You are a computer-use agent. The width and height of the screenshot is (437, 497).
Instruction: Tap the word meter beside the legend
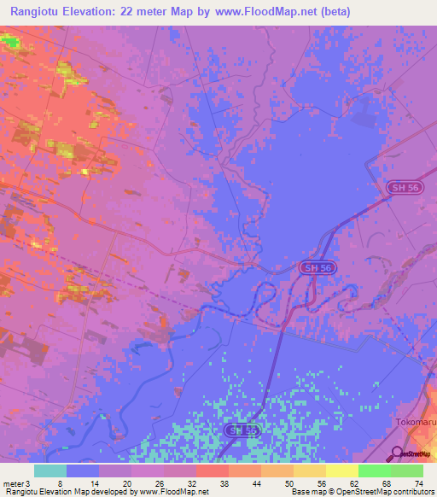click(x=15, y=482)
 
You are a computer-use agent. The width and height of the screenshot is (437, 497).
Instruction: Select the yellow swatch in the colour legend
click(x=341, y=471)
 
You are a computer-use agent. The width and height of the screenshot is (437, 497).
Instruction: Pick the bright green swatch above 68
click(x=374, y=471)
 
